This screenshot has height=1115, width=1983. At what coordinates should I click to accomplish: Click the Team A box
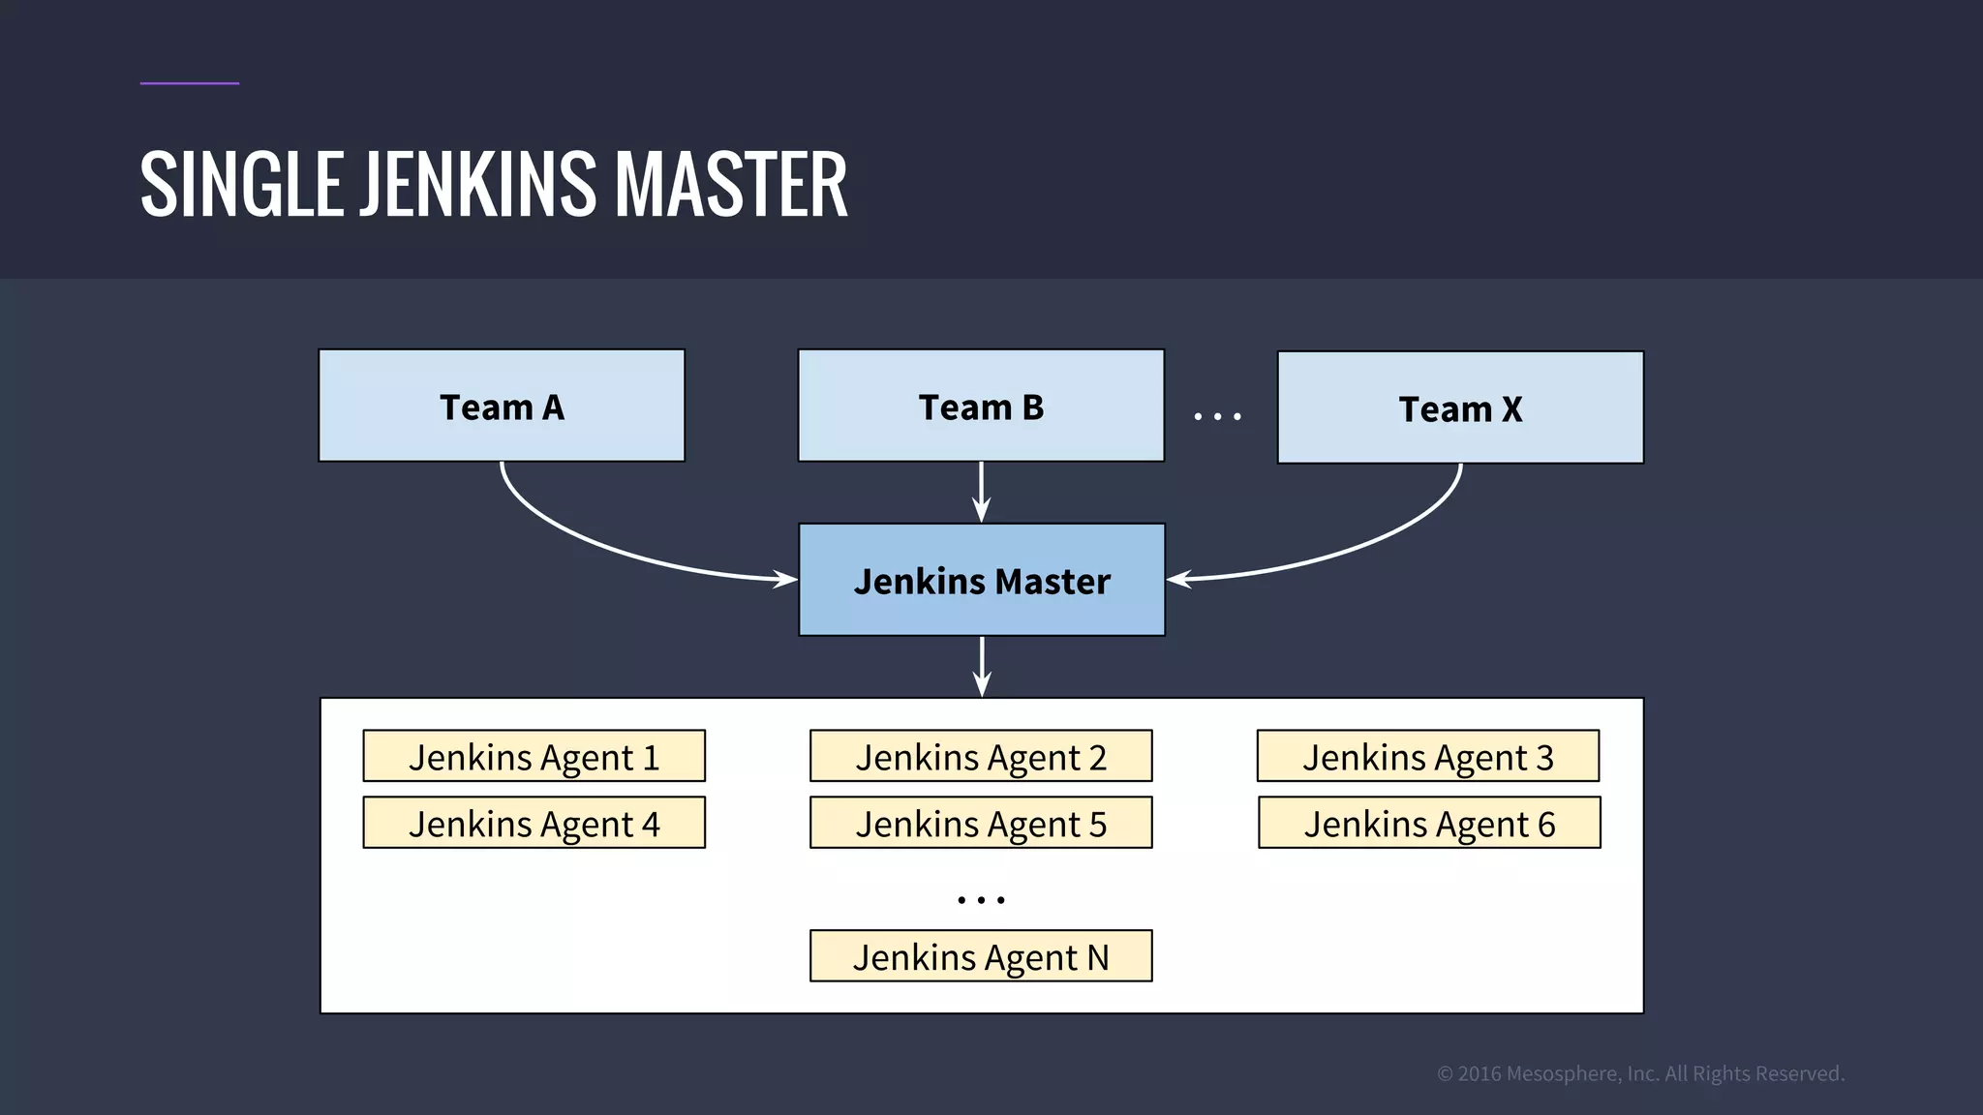(x=502, y=406)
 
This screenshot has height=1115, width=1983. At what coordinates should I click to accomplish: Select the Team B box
(x=981, y=406)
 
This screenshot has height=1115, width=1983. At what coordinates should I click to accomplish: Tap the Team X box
(x=1460, y=407)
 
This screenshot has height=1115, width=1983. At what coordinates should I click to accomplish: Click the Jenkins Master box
(x=981, y=580)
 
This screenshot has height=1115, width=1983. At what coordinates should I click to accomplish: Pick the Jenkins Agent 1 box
(x=534, y=756)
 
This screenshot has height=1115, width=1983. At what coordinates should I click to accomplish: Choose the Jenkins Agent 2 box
(x=981, y=756)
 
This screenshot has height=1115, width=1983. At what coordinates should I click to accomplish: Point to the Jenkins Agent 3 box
(x=1427, y=756)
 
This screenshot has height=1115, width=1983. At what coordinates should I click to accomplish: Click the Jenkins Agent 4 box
(x=534, y=823)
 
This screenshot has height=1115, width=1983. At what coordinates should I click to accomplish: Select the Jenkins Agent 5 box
(x=981, y=823)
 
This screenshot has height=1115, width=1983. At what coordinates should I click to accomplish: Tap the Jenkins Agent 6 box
(x=1429, y=823)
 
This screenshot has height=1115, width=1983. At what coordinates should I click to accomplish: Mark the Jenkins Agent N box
(x=981, y=956)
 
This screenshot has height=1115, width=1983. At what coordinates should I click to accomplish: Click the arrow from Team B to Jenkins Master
(x=981, y=492)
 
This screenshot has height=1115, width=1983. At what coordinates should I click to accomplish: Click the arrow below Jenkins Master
(x=982, y=666)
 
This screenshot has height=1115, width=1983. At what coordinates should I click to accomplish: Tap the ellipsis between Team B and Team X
(x=1217, y=416)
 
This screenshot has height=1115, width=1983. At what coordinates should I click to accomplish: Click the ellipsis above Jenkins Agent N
(x=981, y=900)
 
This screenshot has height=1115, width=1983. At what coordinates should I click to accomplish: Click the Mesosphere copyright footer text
(x=1640, y=1073)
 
